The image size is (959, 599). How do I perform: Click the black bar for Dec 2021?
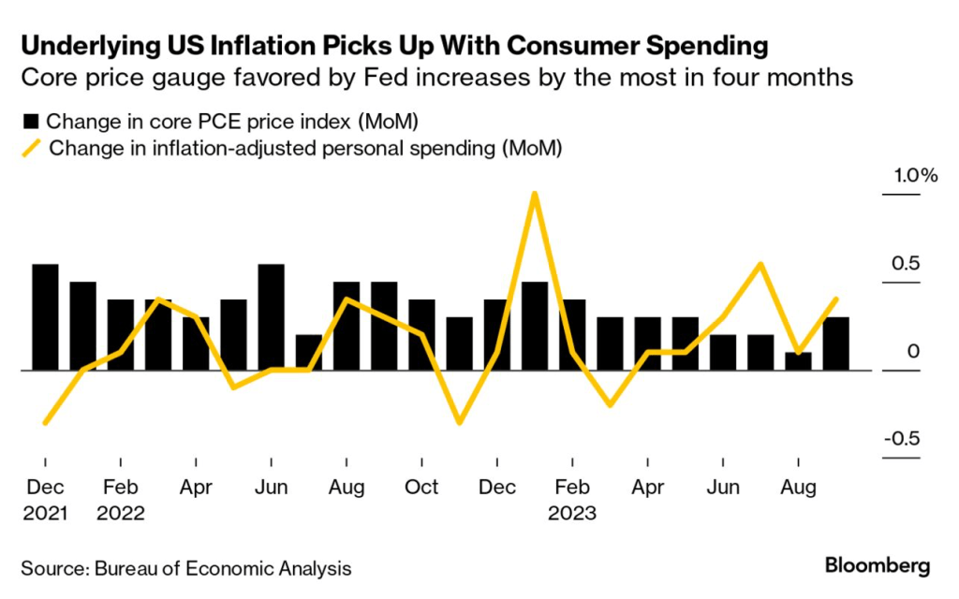(x=45, y=317)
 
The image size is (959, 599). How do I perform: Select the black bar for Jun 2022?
(x=271, y=317)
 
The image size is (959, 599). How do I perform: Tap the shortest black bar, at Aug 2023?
(x=798, y=361)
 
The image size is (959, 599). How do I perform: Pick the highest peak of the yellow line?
(x=534, y=195)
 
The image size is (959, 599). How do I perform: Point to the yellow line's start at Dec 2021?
(x=45, y=423)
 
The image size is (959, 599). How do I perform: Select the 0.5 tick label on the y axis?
(x=906, y=264)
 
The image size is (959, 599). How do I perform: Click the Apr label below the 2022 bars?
(x=196, y=488)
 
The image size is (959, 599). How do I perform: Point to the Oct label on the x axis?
(x=421, y=488)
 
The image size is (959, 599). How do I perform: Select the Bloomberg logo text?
(x=878, y=565)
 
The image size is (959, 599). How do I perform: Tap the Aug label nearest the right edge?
(x=798, y=488)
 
